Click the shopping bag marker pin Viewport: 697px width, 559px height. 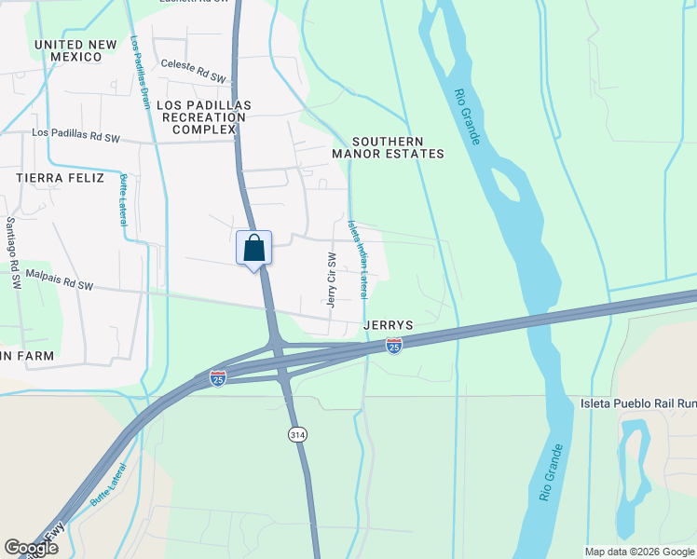(x=253, y=249)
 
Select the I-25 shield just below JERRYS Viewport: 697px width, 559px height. (x=393, y=347)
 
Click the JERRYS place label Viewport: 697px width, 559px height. (x=388, y=325)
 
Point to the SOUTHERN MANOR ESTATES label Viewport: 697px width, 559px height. (x=389, y=146)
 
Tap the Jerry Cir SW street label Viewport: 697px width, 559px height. (x=331, y=279)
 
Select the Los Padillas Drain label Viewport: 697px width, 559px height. (x=141, y=73)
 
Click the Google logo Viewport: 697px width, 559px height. (x=31, y=548)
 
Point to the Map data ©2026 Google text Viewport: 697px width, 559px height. (x=638, y=551)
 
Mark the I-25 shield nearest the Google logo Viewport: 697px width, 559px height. (x=217, y=379)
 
